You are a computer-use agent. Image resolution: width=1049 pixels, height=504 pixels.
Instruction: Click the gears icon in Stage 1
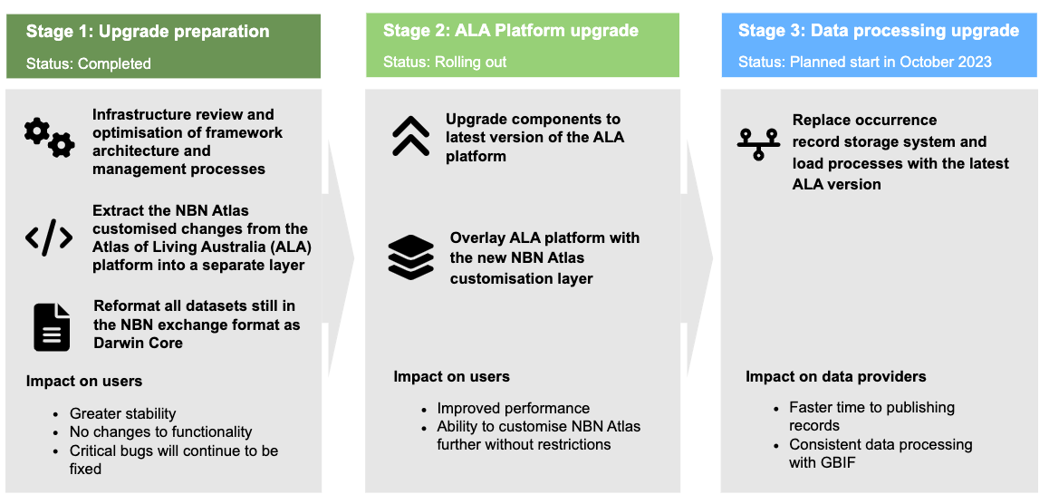(x=49, y=139)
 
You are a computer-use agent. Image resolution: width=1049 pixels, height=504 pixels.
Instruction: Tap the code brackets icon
(x=48, y=237)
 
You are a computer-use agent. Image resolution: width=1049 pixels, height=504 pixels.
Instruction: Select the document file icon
(x=52, y=327)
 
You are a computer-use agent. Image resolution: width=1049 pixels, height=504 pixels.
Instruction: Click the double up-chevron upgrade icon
(x=410, y=138)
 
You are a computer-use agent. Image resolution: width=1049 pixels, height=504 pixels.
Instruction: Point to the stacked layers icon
(x=410, y=257)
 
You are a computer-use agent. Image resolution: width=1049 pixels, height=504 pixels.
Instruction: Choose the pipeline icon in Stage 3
(x=759, y=144)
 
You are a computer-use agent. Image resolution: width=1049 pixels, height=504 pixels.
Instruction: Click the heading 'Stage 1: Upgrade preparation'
(x=148, y=32)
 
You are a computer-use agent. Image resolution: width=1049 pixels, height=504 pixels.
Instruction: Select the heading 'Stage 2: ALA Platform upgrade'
(x=511, y=31)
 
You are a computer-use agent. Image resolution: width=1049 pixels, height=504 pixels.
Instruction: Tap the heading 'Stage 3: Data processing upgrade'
(x=879, y=31)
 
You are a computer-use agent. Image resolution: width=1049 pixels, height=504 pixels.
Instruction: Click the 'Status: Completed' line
(x=89, y=63)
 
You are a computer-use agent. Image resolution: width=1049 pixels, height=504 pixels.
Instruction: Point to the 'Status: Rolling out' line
(x=445, y=63)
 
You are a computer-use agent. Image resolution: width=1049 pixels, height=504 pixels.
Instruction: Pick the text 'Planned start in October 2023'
(x=890, y=63)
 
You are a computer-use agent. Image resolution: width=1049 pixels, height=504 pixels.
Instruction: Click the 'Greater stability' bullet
(x=123, y=413)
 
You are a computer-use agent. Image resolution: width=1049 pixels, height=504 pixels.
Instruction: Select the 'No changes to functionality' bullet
(x=160, y=431)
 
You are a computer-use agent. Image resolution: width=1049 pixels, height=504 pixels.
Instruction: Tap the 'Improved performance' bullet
(x=514, y=408)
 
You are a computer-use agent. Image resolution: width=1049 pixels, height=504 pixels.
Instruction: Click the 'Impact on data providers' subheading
(x=836, y=376)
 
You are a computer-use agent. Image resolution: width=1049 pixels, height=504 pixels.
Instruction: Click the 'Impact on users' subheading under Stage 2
(x=451, y=376)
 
